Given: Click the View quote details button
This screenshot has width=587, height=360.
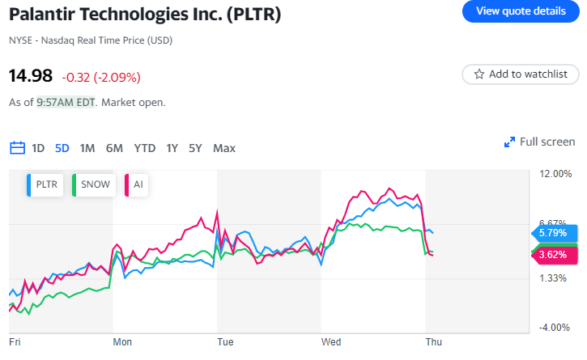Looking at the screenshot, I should click(521, 11).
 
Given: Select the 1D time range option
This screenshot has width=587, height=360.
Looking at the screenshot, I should click(38, 148).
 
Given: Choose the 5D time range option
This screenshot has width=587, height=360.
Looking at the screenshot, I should click(62, 148).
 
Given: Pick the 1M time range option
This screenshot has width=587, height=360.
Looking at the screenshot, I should click(87, 148).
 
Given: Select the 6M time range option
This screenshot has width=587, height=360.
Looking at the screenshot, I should click(114, 148).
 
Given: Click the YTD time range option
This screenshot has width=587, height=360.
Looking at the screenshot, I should click(145, 148).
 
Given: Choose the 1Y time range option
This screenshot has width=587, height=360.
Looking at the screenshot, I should click(172, 148).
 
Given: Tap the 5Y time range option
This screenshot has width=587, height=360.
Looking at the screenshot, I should click(195, 148).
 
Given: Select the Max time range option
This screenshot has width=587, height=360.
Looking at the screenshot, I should click(224, 148).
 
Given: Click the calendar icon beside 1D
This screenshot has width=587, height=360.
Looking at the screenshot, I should click(17, 148).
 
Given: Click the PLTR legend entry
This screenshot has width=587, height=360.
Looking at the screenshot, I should click(48, 184).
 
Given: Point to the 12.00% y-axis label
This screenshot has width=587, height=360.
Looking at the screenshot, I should click(555, 174).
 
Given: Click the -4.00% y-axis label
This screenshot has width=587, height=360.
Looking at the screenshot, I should click(555, 327).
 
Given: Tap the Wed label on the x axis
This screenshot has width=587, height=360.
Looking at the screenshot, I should click(330, 342).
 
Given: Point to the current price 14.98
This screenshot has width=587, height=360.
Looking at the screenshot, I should click(31, 76).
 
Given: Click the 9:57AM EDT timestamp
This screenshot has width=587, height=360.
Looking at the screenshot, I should click(66, 103).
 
